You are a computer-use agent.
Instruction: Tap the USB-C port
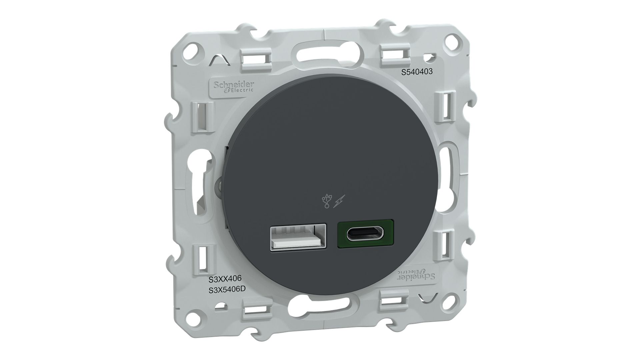pos(366,234)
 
